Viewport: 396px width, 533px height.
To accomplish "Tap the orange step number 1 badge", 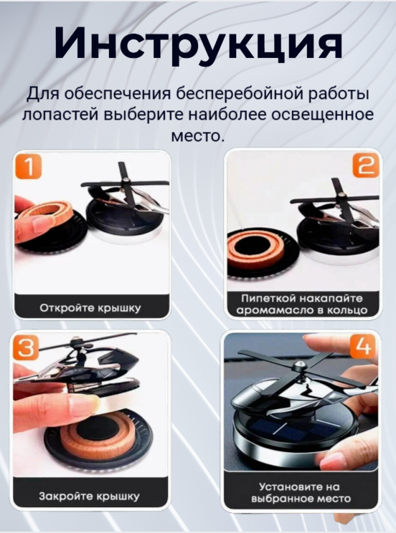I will [29, 168].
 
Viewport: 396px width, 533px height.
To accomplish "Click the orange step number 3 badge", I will [27, 348].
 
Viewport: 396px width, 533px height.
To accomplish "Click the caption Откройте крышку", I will [90, 309].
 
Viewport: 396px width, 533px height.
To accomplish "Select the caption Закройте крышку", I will [90, 495].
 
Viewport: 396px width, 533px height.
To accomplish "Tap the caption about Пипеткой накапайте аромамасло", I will [303, 304].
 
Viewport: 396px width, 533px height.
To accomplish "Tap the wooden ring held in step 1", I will [46, 213].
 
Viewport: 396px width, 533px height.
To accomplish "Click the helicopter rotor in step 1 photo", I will [125, 182].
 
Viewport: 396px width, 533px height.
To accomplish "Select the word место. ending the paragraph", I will [198, 135].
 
